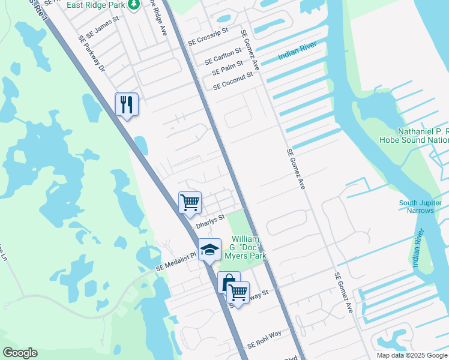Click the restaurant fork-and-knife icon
tap(127, 104)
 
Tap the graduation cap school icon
tap(209, 250)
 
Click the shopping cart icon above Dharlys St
tap(190, 202)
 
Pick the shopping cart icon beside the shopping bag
tap(239, 293)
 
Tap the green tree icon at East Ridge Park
tap(136, 5)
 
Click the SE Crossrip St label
tap(208, 37)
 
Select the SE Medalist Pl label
tap(176, 262)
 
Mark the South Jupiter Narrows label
tap(424, 207)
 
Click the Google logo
tap(20, 353)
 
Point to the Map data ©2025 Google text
tap(412, 355)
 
